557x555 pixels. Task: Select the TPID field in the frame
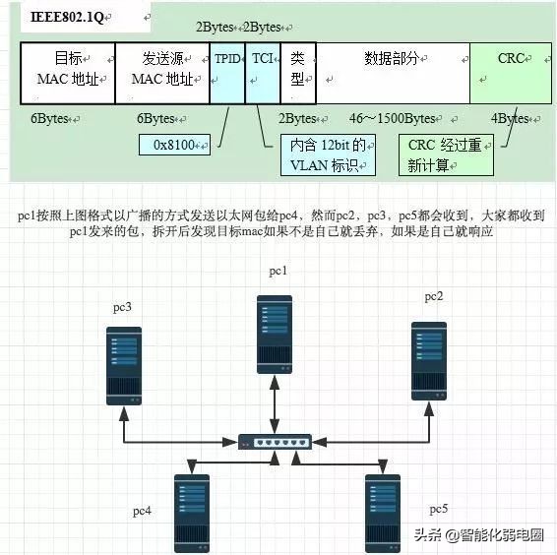[227, 73]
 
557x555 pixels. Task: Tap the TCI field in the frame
[263, 73]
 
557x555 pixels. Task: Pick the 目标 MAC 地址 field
[67, 73]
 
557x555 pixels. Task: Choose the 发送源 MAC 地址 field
[163, 73]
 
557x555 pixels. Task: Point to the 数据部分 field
[392, 73]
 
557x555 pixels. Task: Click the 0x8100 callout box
[175, 147]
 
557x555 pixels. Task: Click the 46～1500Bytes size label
[395, 119]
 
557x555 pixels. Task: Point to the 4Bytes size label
[512, 119]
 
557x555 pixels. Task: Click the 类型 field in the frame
[298, 73]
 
